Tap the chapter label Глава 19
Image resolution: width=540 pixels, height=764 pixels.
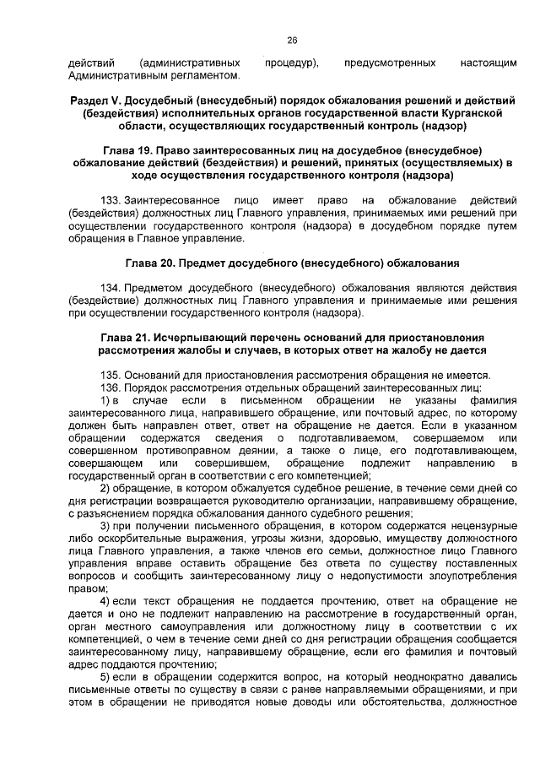127,149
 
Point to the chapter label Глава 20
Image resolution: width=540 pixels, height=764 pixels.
152,263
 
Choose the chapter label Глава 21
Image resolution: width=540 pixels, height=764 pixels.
125,338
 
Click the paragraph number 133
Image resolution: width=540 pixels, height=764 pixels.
110,200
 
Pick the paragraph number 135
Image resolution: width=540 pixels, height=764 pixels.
110,375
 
